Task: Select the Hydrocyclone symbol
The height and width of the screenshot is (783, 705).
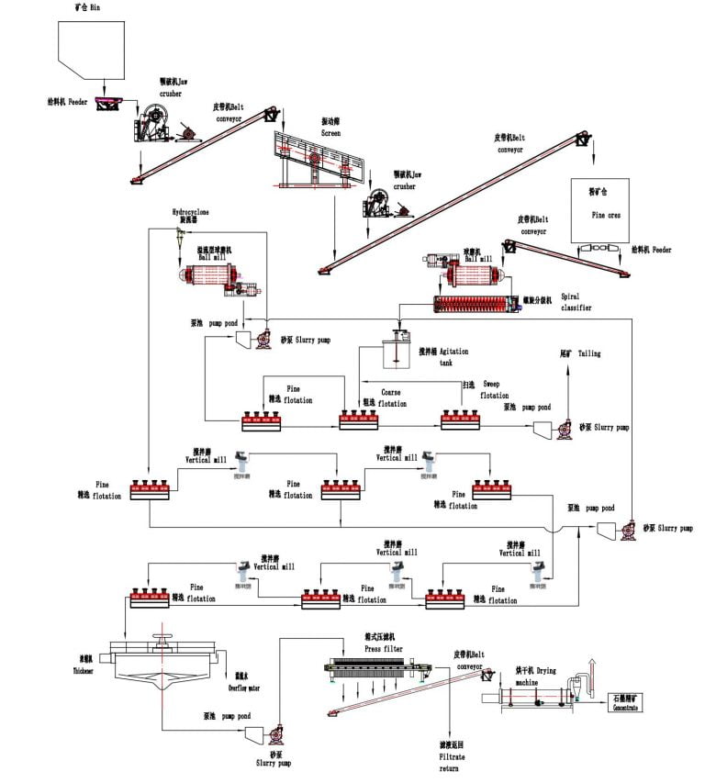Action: point(182,237)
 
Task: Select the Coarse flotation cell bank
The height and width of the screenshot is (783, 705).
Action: point(364,419)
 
